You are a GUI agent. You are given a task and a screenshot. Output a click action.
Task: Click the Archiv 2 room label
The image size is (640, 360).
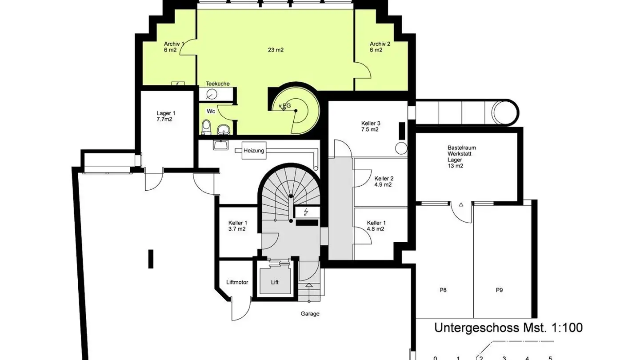pyautogui.click(x=380, y=47)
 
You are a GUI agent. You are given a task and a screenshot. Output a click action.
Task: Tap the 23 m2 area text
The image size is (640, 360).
pyautogui.click(x=276, y=50)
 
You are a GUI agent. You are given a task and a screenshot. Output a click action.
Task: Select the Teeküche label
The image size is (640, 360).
pyautogui.click(x=217, y=84)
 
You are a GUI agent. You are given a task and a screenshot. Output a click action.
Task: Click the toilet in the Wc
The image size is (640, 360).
pyautogui.click(x=206, y=127)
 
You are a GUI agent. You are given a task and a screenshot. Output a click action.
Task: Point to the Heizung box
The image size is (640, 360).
pyautogui.click(x=253, y=151)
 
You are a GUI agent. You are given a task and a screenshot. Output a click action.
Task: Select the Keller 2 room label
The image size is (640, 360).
pyautogui.click(x=383, y=181)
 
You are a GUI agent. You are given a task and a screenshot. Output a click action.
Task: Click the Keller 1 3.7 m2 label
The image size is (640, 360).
pyautogui.click(x=237, y=226)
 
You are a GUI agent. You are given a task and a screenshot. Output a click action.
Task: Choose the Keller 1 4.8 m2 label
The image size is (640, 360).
pyautogui.click(x=376, y=226)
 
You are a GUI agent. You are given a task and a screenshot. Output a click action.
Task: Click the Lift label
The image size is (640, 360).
pyautogui.click(x=275, y=282)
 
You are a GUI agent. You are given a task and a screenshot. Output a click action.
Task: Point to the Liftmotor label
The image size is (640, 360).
pyautogui.click(x=237, y=282)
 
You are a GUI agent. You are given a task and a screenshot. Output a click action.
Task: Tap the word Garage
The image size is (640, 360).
pyautogui.click(x=310, y=314)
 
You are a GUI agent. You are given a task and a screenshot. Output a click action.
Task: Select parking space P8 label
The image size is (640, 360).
pyautogui.click(x=443, y=290)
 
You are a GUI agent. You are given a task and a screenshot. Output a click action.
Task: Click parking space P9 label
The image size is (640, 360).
pyautogui.click(x=499, y=290)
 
